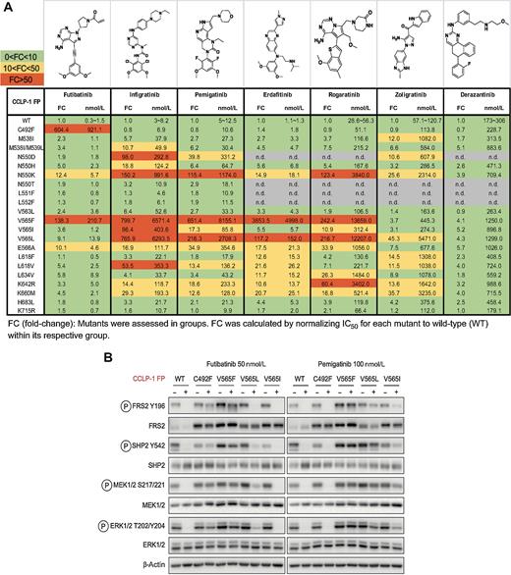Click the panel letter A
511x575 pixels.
click(8, 7)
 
